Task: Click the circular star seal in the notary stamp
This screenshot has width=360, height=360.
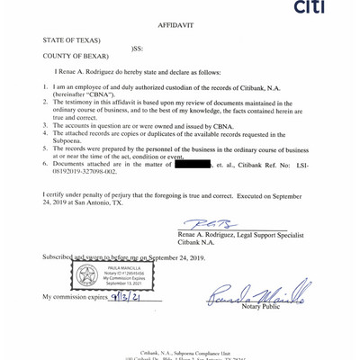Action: tap(87, 277)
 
